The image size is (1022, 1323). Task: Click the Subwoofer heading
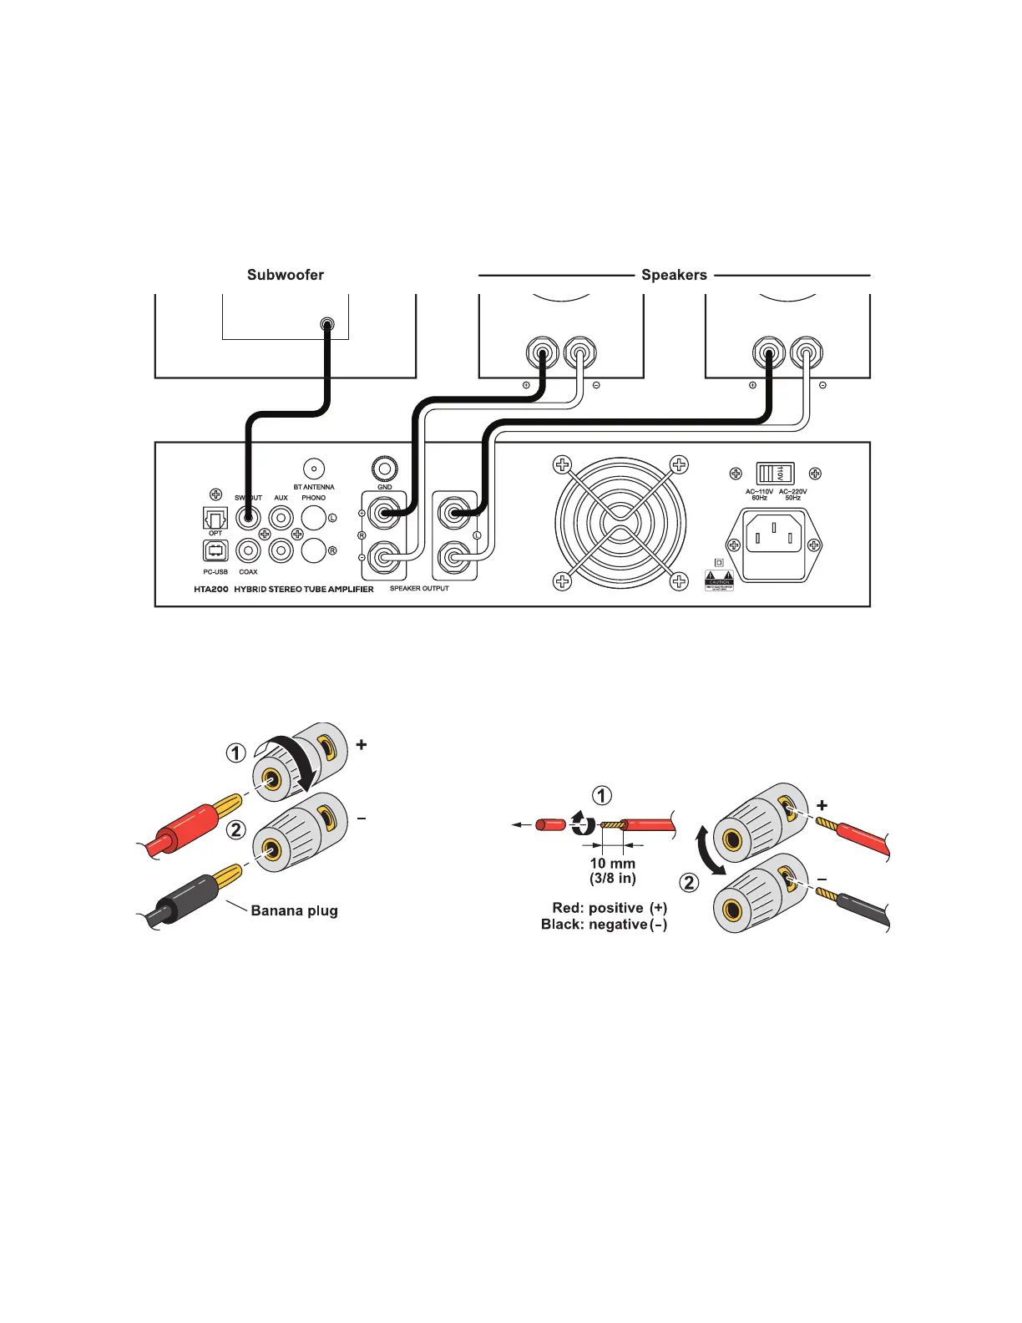pyautogui.click(x=285, y=275)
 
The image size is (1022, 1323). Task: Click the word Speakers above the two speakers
pyautogui.click(x=674, y=275)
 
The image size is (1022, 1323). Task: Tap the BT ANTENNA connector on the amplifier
pyautogui.click(x=314, y=469)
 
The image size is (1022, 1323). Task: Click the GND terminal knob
pyautogui.click(x=385, y=466)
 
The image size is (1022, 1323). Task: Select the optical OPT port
pyautogui.click(x=215, y=519)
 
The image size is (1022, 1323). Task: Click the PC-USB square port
pyautogui.click(x=215, y=550)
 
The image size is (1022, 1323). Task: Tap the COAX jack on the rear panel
pyautogui.click(x=248, y=550)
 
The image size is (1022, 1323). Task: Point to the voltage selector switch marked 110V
pyautogui.click(x=774, y=474)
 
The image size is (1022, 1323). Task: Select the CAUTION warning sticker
pyautogui.click(x=719, y=580)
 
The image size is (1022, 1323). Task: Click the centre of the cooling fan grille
pyautogui.click(x=620, y=522)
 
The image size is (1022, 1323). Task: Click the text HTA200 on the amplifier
pyautogui.click(x=211, y=589)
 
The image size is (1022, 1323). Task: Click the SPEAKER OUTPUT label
pyautogui.click(x=419, y=588)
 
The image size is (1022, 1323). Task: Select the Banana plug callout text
pyautogui.click(x=294, y=910)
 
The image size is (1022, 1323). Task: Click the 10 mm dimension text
pyautogui.click(x=612, y=863)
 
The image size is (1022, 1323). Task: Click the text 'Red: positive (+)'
pyautogui.click(x=610, y=908)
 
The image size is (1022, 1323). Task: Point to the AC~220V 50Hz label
pyautogui.click(x=793, y=494)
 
